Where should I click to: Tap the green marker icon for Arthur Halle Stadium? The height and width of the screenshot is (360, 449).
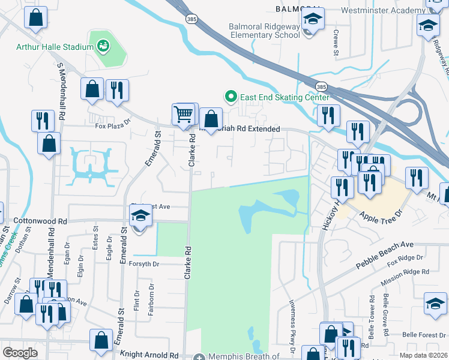103,45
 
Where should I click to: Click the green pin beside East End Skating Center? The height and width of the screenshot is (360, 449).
229,96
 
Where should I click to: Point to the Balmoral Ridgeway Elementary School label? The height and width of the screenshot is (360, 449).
265,31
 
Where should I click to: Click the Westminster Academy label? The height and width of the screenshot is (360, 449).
382,10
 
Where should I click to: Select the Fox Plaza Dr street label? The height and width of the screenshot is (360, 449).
113,127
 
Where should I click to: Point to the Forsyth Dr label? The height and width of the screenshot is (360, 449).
143,262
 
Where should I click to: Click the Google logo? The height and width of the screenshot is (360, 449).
20,353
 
